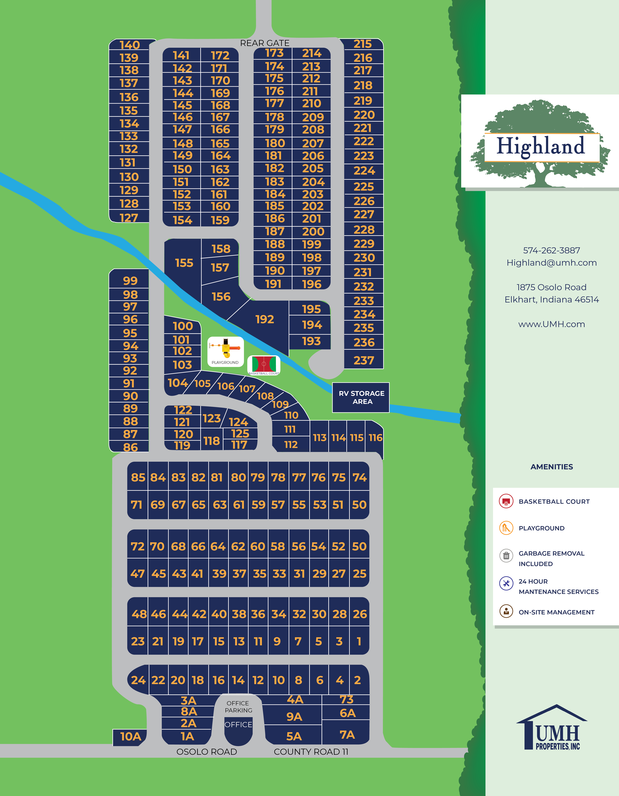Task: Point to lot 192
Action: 265,319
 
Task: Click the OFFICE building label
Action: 238,725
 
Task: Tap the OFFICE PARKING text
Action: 238,707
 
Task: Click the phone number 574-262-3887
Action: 551,250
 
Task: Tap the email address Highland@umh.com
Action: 551,263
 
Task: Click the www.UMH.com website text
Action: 551,324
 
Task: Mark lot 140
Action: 130,45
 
